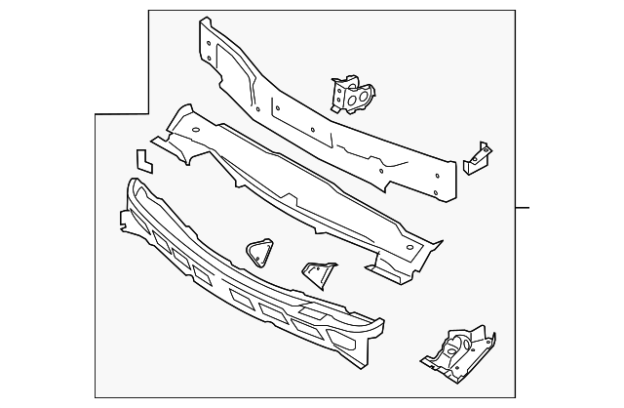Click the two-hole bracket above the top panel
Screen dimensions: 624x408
tap(347, 95)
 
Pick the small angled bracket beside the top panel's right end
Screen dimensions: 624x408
tap(476, 158)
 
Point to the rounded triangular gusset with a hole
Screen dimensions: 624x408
tap(257, 252)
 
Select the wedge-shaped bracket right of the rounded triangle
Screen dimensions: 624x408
tap(317, 273)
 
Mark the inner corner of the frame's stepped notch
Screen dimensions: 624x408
tap(148, 114)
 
